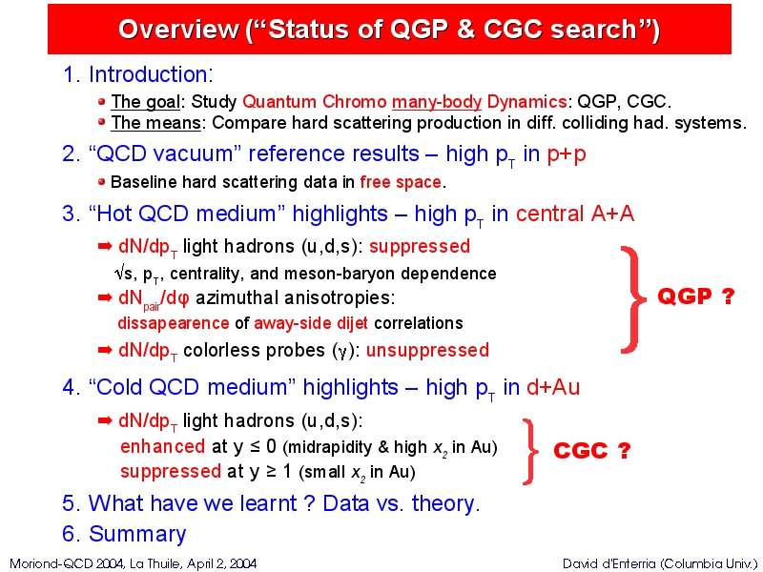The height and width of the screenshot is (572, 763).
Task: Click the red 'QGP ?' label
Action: tap(696, 296)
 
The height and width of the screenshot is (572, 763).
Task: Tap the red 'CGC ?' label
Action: tap(591, 450)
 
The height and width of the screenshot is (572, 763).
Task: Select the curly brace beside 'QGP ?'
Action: tap(632, 299)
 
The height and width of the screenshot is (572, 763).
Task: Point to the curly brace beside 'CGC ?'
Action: tap(530, 451)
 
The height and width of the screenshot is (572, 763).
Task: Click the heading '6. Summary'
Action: tap(124, 534)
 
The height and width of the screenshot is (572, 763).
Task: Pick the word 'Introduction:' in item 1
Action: tap(151, 74)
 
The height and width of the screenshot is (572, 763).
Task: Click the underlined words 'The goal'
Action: tap(146, 102)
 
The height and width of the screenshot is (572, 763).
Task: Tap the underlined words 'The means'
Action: tap(155, 123)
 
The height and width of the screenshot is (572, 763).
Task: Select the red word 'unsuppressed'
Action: tap(427, 350)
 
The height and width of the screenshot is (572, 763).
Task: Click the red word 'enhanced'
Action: tap(162, 446)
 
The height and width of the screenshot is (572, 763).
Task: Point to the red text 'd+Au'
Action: tap(553, 387)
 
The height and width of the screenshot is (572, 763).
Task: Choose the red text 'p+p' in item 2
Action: tap(567, 154)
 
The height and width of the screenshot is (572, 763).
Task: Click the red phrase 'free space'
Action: tap(401, 182)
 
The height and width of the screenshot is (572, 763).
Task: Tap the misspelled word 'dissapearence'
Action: tap(174, 323)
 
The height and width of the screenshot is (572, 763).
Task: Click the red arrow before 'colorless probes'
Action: tap(105, 350)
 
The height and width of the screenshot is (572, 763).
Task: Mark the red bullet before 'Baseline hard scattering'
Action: tap(101, 182)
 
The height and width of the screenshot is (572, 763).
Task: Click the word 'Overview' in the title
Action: tap(178, 30)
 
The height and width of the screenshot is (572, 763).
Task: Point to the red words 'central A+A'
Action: tap(575, 214)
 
